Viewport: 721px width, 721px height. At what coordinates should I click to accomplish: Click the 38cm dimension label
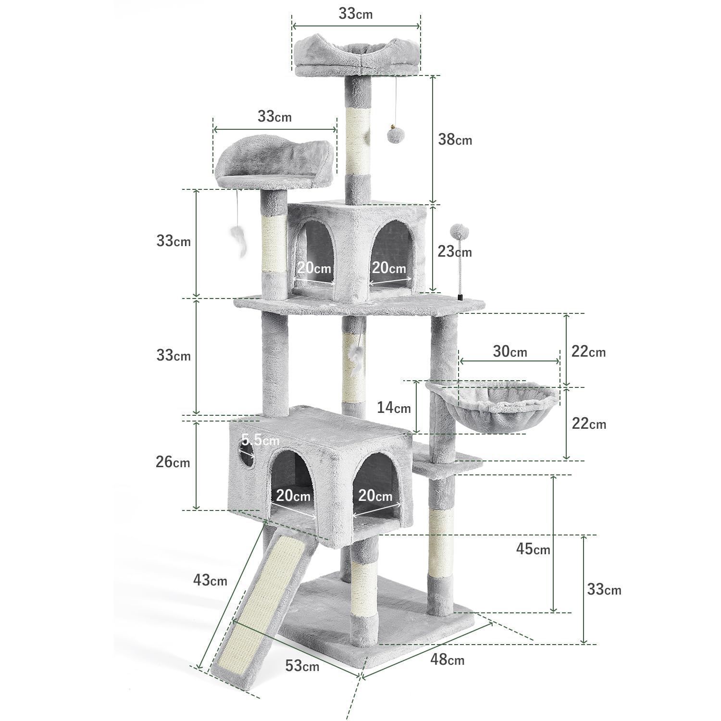(455, 139)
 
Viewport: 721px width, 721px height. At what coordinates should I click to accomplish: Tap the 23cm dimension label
(455, 251)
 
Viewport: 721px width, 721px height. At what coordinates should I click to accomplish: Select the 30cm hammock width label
(510, 351)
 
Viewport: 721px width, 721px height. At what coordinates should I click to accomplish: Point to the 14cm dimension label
(394, 408)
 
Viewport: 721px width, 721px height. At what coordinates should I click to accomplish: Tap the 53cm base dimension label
(302, 666)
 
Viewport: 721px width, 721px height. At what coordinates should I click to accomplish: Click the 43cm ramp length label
(210, 580)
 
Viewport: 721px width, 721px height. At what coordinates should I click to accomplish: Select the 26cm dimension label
(173, 462)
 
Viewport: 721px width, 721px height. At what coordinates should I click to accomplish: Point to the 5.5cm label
(260, 439)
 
